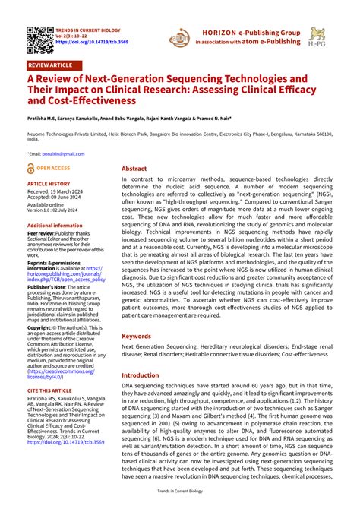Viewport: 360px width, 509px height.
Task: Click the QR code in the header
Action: [x=37, y=36]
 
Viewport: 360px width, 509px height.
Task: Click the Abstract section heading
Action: [x=134, y=169]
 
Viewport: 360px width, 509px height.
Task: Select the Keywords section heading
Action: [x=137, y=335]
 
